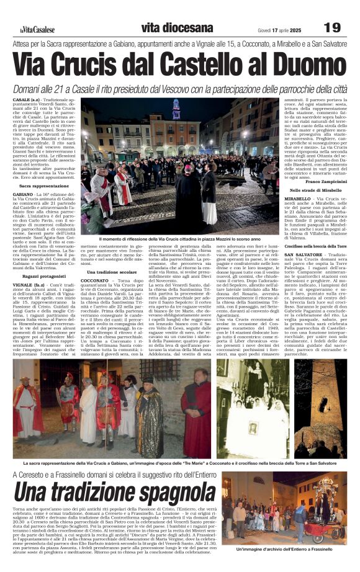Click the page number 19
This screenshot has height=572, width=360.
click(x=333, y=27)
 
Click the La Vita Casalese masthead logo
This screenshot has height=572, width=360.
click(x=34, y=29)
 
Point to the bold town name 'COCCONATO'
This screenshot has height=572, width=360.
click(x=95, y=281)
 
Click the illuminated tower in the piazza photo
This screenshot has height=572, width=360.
click(x=176, y=110)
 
